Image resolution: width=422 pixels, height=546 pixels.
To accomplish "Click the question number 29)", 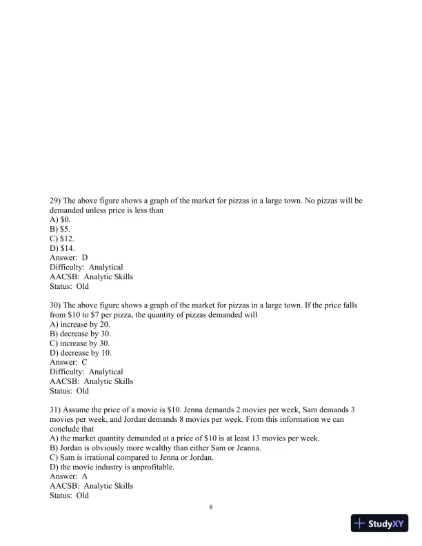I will click(57, 201).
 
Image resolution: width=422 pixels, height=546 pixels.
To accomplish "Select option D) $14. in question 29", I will click(63, 247).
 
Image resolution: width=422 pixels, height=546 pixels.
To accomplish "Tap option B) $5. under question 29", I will click(61, 228).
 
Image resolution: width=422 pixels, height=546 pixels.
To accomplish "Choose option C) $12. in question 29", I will click(63, 238).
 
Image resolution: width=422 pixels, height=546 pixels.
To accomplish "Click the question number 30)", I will click(57, 305).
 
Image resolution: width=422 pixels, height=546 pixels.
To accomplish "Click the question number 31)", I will click(57, 409).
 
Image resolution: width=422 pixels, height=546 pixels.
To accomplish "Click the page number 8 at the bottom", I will click(211, 507).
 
